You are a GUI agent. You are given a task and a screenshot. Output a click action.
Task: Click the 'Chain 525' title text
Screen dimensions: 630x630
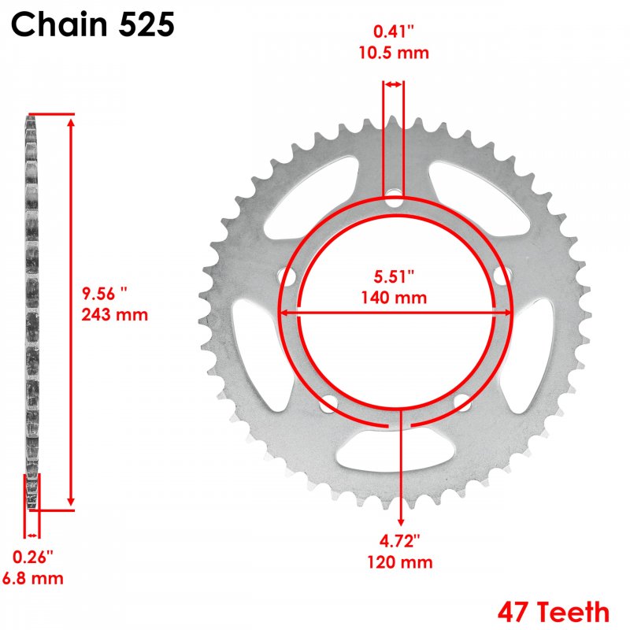(x=93, y=24)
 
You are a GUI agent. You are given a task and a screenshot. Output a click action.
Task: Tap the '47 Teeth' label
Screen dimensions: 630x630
(x=554, y=612)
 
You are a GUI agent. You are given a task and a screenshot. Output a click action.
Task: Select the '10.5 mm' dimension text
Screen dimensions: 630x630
(x=394, y=53)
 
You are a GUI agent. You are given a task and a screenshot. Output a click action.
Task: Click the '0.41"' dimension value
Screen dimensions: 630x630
(x=394, y=31)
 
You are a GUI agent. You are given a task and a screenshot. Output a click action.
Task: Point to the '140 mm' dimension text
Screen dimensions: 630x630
(x=394, y=298)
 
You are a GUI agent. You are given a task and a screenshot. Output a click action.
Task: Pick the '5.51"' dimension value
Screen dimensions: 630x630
(x=394, y=276)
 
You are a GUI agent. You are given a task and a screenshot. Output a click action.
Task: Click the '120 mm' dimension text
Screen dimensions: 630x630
(x=400, y=561)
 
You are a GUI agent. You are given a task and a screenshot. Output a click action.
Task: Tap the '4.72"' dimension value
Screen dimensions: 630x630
(x=400, y=541)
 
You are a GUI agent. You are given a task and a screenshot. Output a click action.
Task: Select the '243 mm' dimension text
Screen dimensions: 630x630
(x=115, y=314)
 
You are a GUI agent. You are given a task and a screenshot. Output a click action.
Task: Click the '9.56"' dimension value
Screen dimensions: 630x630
(x=105, y=294)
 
